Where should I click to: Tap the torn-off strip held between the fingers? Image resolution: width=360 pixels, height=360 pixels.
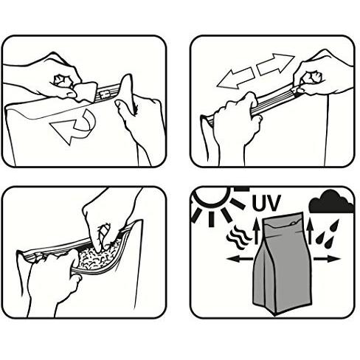point(86,91)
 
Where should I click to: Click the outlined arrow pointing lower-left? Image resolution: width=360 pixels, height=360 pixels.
point(235,78)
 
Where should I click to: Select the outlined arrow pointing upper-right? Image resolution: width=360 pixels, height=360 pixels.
point(275,63)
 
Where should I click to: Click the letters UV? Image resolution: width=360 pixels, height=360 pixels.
point(266,204)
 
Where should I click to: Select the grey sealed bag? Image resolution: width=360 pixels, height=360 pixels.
point(283,263)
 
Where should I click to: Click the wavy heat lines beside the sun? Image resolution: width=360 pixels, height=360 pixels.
point(238,238)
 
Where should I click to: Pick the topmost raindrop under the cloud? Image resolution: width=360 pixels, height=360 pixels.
point(334,226)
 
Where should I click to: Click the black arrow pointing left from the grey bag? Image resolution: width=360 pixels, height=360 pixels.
point(240,259)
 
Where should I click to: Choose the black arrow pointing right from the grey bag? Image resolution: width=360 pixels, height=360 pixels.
point(327,259)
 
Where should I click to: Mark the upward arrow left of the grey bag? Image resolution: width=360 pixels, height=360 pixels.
point(257,231)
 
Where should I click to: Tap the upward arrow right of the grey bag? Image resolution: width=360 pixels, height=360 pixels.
point(310,231)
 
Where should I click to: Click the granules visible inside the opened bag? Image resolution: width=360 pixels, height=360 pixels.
point(97,257)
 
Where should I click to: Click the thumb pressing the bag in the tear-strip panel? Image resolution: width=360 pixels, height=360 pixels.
point(127,108)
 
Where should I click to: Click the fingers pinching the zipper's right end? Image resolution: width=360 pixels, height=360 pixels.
point(311,81)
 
